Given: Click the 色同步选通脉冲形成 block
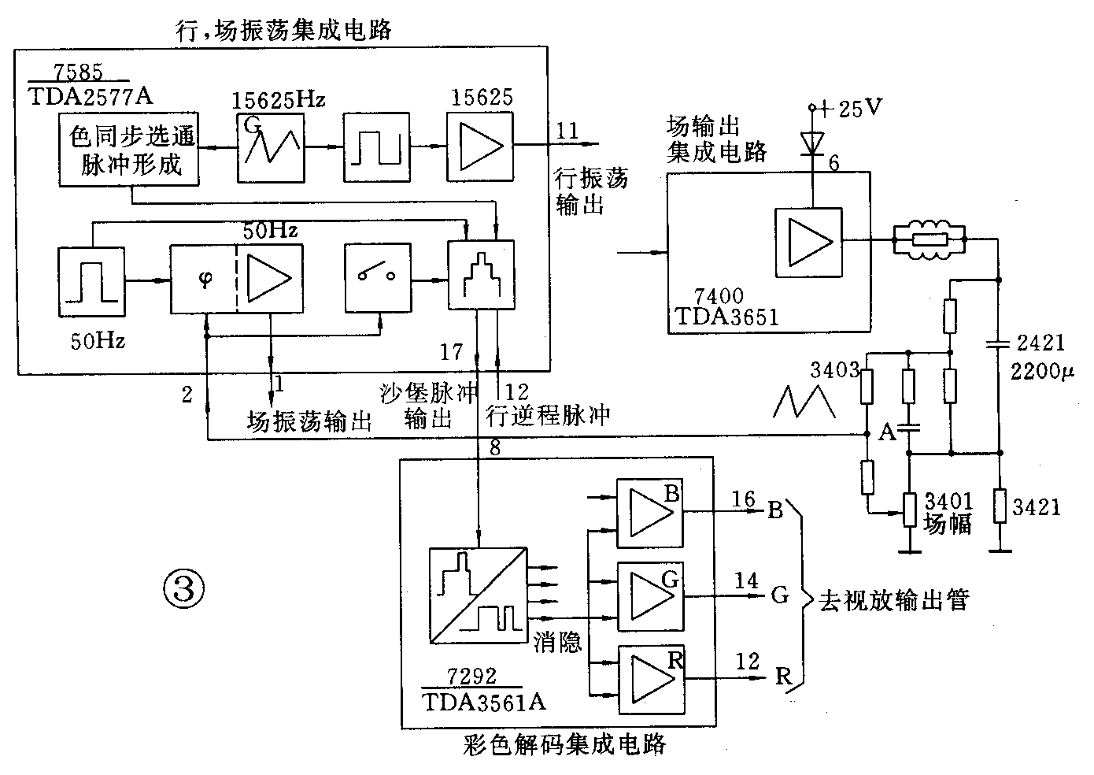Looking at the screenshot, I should point(129,150).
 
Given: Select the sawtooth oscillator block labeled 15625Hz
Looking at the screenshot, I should point(270,146).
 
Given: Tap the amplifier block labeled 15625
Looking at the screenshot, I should point(479,146).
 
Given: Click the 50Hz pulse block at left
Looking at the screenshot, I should point(91,280).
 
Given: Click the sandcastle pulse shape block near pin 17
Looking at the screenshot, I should point(480,276).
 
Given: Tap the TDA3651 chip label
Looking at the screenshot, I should point(726,317).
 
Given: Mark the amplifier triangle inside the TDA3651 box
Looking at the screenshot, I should point(808,243).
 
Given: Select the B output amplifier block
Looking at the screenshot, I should point(650,513).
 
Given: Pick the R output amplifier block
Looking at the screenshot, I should point(650,680).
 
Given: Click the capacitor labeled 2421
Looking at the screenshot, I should point(1000,343).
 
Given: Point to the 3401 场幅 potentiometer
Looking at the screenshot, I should point(910,510).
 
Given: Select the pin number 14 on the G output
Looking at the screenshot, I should point(745,581).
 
